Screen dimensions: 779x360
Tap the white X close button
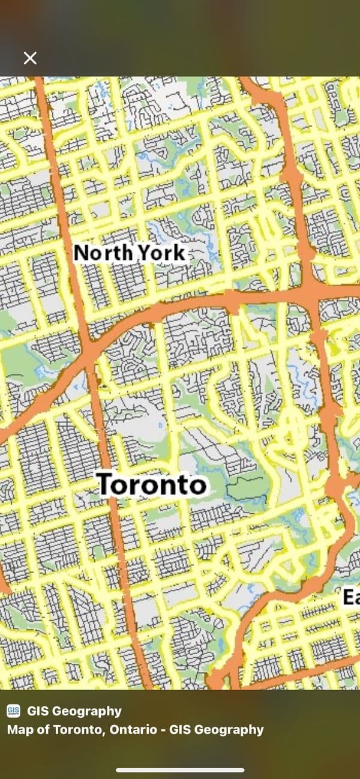click(30, 58)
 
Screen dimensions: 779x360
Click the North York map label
click(129, 253)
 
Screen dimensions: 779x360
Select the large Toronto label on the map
click(151, 484)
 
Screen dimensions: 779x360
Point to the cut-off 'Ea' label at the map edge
click(351, 597)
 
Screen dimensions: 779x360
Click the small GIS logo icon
click(13, 711)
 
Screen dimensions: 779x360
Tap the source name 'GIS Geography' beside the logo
click(74, 711)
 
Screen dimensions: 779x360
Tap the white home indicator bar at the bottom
click(180, 770)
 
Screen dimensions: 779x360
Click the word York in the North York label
click(162, 253)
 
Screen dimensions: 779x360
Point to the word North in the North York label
click(103, 253)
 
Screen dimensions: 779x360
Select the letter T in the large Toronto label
click(105, 484)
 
